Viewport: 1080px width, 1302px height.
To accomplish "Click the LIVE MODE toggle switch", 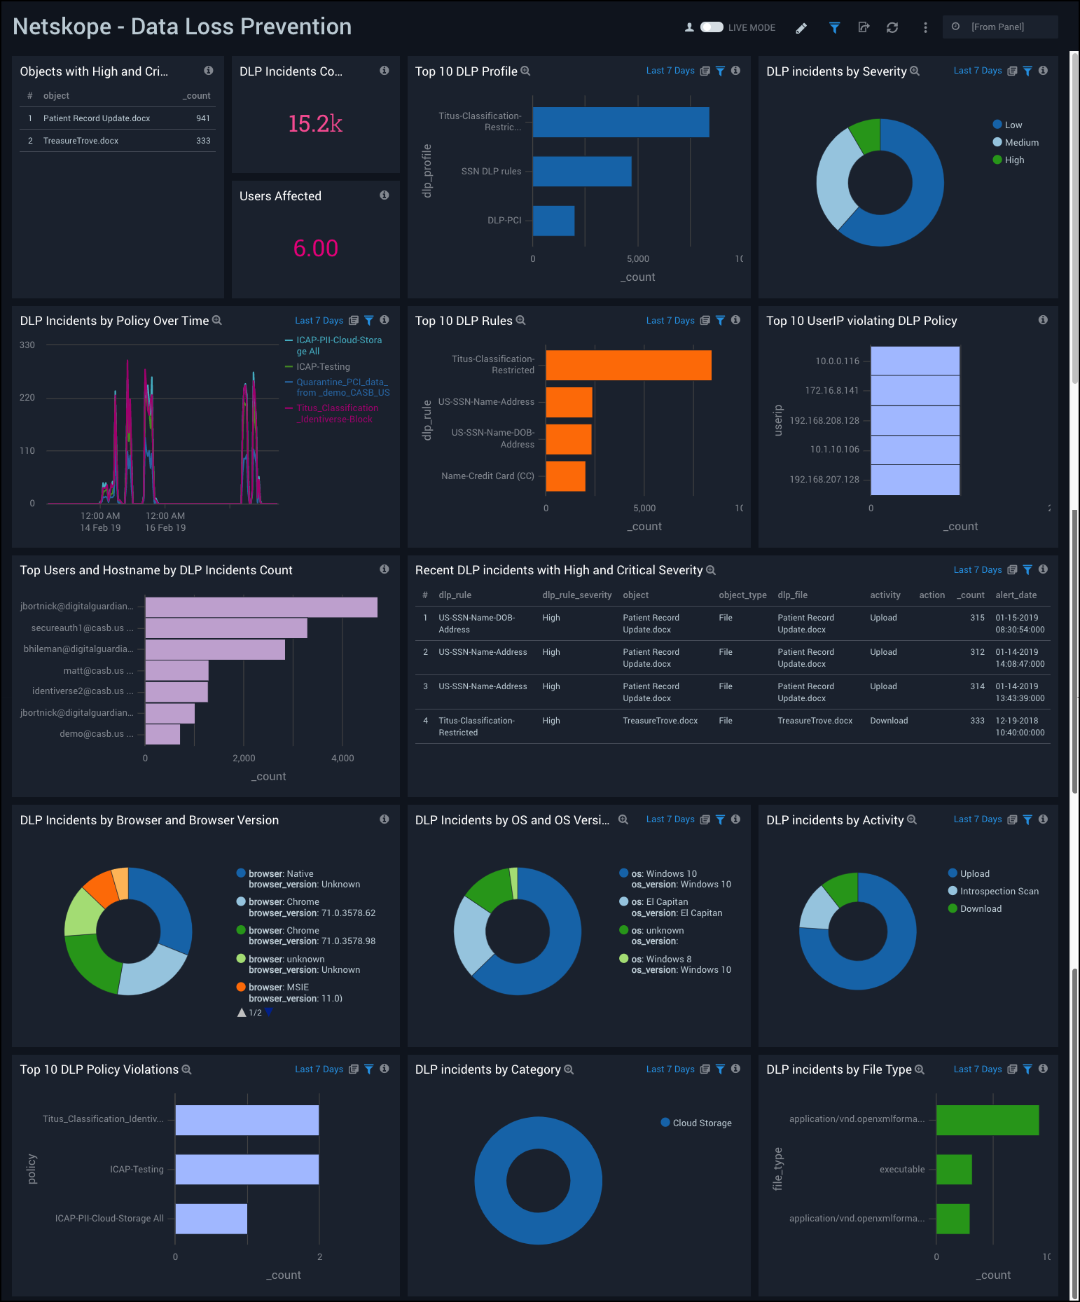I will [712, 27].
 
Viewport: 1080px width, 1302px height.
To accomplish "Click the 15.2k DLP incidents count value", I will [315, 124].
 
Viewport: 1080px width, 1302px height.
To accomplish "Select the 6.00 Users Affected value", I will [315, 248].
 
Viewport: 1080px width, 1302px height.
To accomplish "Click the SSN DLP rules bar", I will [581, 172].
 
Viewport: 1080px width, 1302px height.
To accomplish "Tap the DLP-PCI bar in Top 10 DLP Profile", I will [553, 221].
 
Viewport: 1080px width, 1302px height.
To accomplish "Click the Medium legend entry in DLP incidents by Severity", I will [1021, 142].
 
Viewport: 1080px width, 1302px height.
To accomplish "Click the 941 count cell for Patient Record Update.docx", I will [203, 118].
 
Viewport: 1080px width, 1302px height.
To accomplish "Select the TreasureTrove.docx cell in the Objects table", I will [81, 141].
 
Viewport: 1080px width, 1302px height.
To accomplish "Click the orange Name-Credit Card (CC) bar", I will [565, 476].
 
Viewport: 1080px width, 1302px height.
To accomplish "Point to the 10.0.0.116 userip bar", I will [915, 361].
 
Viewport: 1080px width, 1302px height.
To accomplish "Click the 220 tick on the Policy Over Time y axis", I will [27, 398].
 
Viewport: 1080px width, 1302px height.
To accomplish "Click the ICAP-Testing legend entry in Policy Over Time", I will [322, 367].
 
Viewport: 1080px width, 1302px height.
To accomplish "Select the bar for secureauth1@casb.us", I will [226, 628].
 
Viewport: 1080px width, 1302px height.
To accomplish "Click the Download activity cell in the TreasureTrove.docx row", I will [889, 721].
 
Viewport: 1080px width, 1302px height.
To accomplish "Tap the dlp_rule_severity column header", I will [576, 595].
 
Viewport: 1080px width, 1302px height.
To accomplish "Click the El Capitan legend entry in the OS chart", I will [665, 902].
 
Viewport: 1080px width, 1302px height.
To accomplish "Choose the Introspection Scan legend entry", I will [999, 892].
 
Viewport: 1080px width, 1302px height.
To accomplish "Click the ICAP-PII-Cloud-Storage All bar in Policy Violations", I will [211, 1219].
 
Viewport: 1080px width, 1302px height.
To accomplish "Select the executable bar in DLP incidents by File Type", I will [953, 1170].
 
